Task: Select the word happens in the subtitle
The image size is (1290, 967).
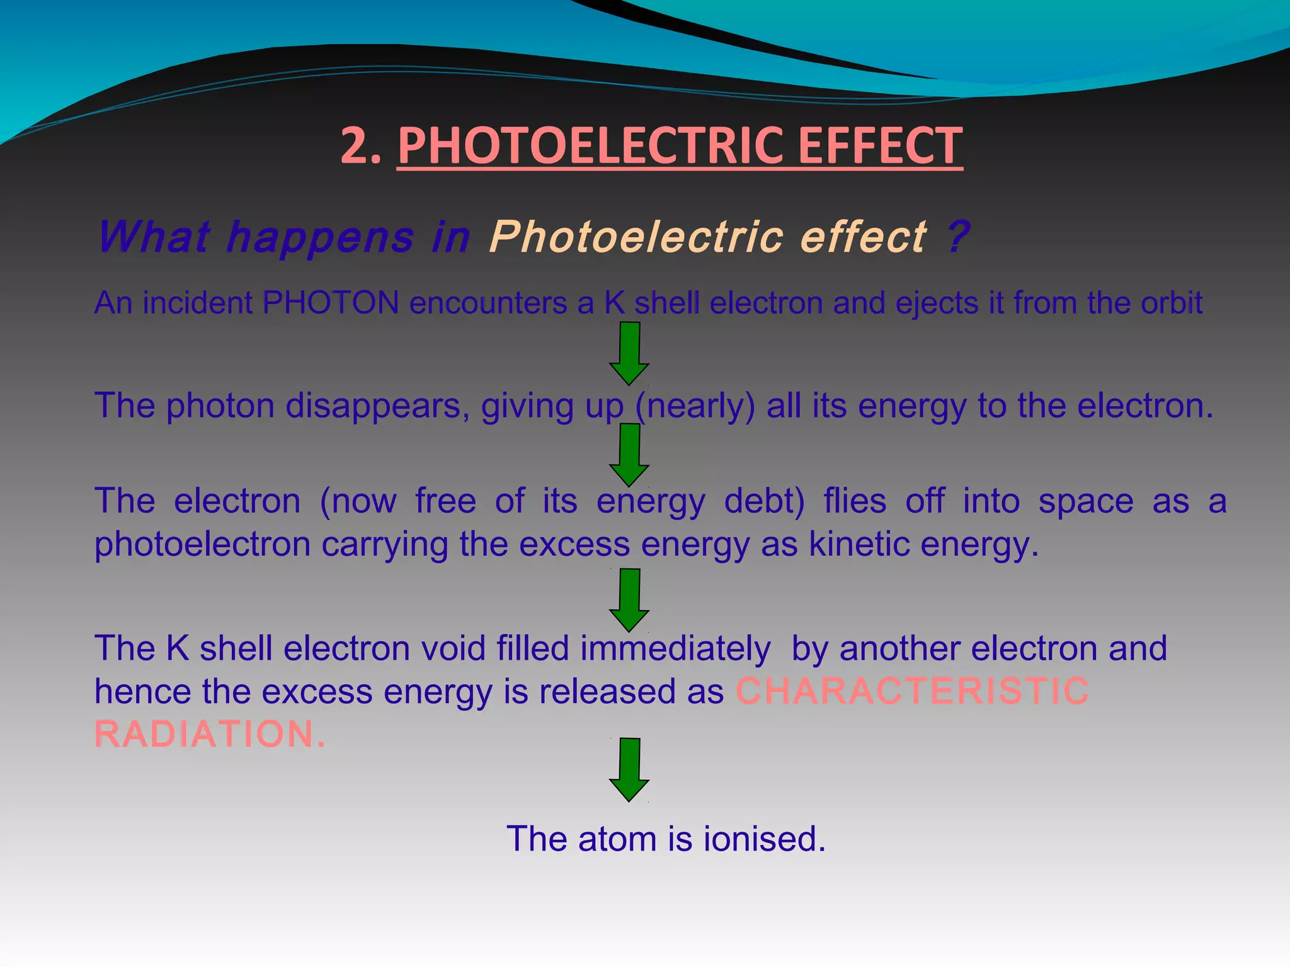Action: pos(320,238)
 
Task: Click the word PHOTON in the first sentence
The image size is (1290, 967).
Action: pos(331,303)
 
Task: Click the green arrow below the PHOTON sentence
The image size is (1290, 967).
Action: pos(629,353)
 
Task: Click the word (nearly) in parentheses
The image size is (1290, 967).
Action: pos(695,406)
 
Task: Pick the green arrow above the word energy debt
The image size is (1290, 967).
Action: pos(629,455)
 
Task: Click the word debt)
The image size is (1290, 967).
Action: pos(764,502)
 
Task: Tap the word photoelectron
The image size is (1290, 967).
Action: pos(202,544)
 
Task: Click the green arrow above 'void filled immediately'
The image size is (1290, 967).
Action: pos(629,600)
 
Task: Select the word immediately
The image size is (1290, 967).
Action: pos(675,648)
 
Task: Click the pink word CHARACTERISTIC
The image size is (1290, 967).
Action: pos(912,691)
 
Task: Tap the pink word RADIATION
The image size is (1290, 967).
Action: pos(210,734)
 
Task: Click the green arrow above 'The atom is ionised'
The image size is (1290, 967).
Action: pos(629,769)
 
